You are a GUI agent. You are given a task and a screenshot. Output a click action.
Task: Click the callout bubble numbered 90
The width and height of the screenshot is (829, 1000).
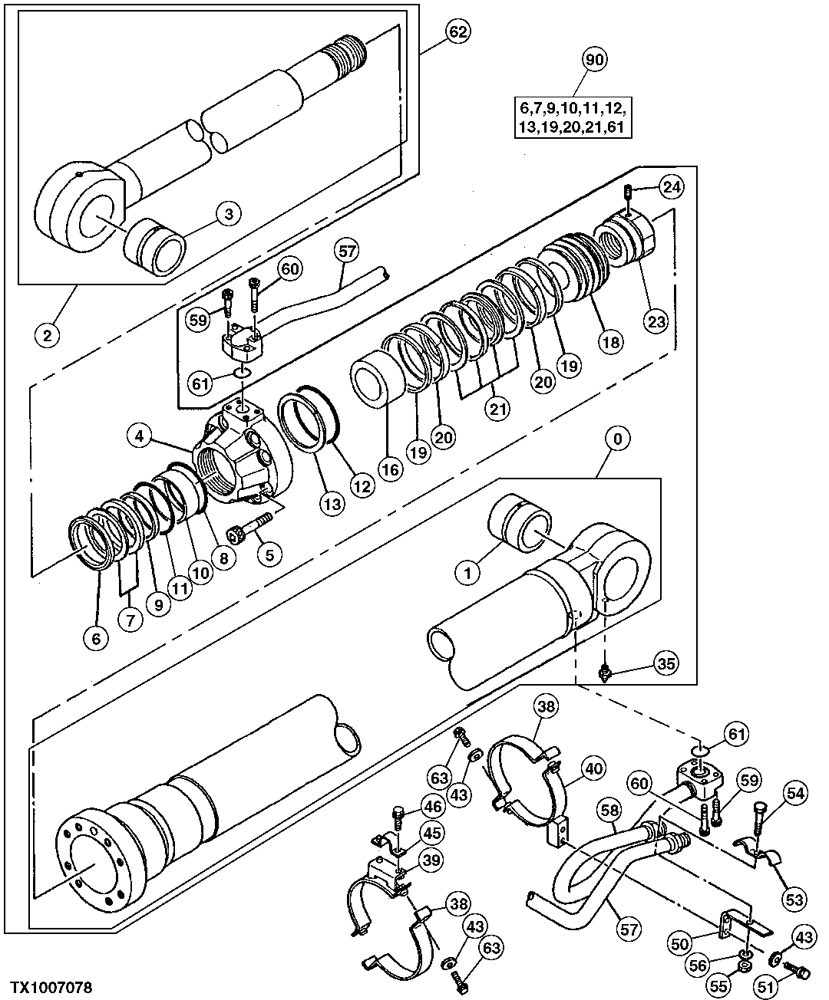[595, 59]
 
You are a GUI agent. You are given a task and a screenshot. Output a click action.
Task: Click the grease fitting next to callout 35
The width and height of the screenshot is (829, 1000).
[604, 673]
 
